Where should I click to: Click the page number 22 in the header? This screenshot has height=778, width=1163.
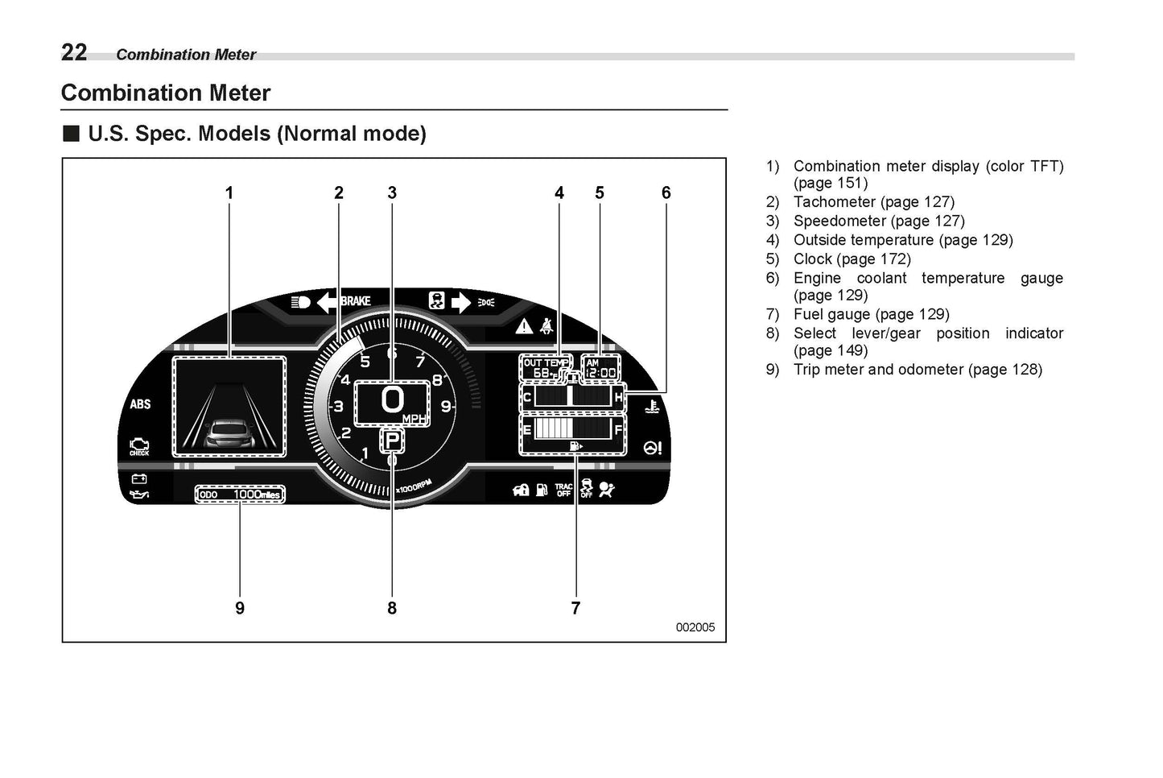click(x=74, y=52)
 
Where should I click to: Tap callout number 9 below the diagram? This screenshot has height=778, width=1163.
click(x=240, y=608)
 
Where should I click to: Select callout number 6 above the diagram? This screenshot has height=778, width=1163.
click(x=666, y=192)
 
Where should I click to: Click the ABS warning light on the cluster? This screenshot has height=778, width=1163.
click(x=140, y=403)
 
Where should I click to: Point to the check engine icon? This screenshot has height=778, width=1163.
click(x=139, y=445)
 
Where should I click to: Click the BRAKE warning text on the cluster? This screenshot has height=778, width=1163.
click(x=356, y=301)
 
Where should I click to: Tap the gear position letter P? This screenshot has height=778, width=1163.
click(x=392, y=441)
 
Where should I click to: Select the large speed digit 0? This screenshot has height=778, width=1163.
click(x=392, y=399)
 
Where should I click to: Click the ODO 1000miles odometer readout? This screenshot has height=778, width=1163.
click(x=240, y=494)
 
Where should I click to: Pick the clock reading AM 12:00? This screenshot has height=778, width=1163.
click(x=600, y=368)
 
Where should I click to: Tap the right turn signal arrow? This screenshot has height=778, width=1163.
click(x=460, y=302)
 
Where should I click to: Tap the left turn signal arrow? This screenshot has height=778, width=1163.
click(x=328, y=302)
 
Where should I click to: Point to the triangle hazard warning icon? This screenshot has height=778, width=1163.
click(x=525, y=326)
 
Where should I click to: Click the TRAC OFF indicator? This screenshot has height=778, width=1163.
click(x=563, y=490)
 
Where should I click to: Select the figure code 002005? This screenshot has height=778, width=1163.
click(x=695, y=627)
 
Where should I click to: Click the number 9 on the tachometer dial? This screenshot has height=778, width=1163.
click(x=445, y=407)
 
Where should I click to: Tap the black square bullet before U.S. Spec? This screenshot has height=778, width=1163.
click(x=72, y=133)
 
